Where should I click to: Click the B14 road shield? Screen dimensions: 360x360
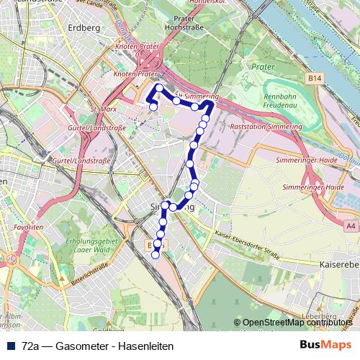[x=313, y=76]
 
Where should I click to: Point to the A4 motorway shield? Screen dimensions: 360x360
[x=351, y=226]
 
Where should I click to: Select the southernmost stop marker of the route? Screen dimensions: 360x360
[x=155, y=255]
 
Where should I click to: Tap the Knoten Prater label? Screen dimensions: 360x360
[x=135, y=73]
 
